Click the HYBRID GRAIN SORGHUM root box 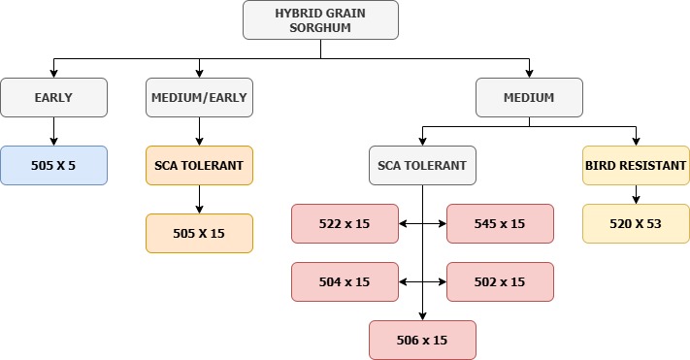(x=320, y=19)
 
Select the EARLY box (x=53, y=97)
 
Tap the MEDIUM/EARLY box (x=199, y=97)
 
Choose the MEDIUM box (x=529, y=97)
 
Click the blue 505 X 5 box (x=53, y=165)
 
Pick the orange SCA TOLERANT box (x=199, y=165)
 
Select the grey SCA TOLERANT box (x=422, y=165)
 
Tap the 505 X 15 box (x=199, y=233)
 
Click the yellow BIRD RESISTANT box (x=636, y=165)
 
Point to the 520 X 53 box (x=636, y=223)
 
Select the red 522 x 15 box (x=345, y=223)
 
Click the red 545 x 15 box (x=500, y=223)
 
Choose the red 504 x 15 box (x=345, y=281)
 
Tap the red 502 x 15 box (x=500, y=281)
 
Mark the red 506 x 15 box (x=422, y=340)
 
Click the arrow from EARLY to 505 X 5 (x=53, y=131)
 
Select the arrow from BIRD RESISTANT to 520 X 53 (x=636, y=194)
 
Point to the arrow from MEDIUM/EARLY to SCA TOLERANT (x=199, y=131)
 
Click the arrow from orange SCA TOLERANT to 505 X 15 (x=199, y=199)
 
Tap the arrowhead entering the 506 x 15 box (x=422, y=315)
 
